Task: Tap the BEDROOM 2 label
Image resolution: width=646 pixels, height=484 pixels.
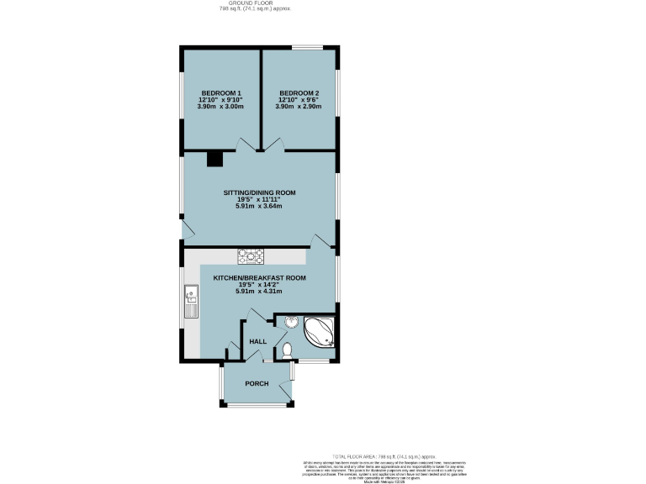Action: click(x=299, y=92)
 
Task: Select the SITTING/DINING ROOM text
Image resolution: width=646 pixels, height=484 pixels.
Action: click(x=259, y=192)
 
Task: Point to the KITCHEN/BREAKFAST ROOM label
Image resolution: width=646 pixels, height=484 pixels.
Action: click(x=259, y=277)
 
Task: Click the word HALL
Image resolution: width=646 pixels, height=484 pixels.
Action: click(x=257, y=341)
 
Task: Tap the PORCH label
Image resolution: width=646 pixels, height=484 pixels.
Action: click(x=257, y=383)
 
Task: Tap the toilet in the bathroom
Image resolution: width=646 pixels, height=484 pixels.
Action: click(x=287, y=349)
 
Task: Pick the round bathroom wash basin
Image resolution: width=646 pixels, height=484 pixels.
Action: click(x=290, y=321)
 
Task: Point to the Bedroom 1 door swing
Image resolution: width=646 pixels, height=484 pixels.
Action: click(x=245, y=145)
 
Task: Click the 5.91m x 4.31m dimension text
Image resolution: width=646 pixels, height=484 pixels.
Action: click(x=259, y=292)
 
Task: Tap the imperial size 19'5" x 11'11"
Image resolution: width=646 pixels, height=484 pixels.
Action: click(x=259, y=199)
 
